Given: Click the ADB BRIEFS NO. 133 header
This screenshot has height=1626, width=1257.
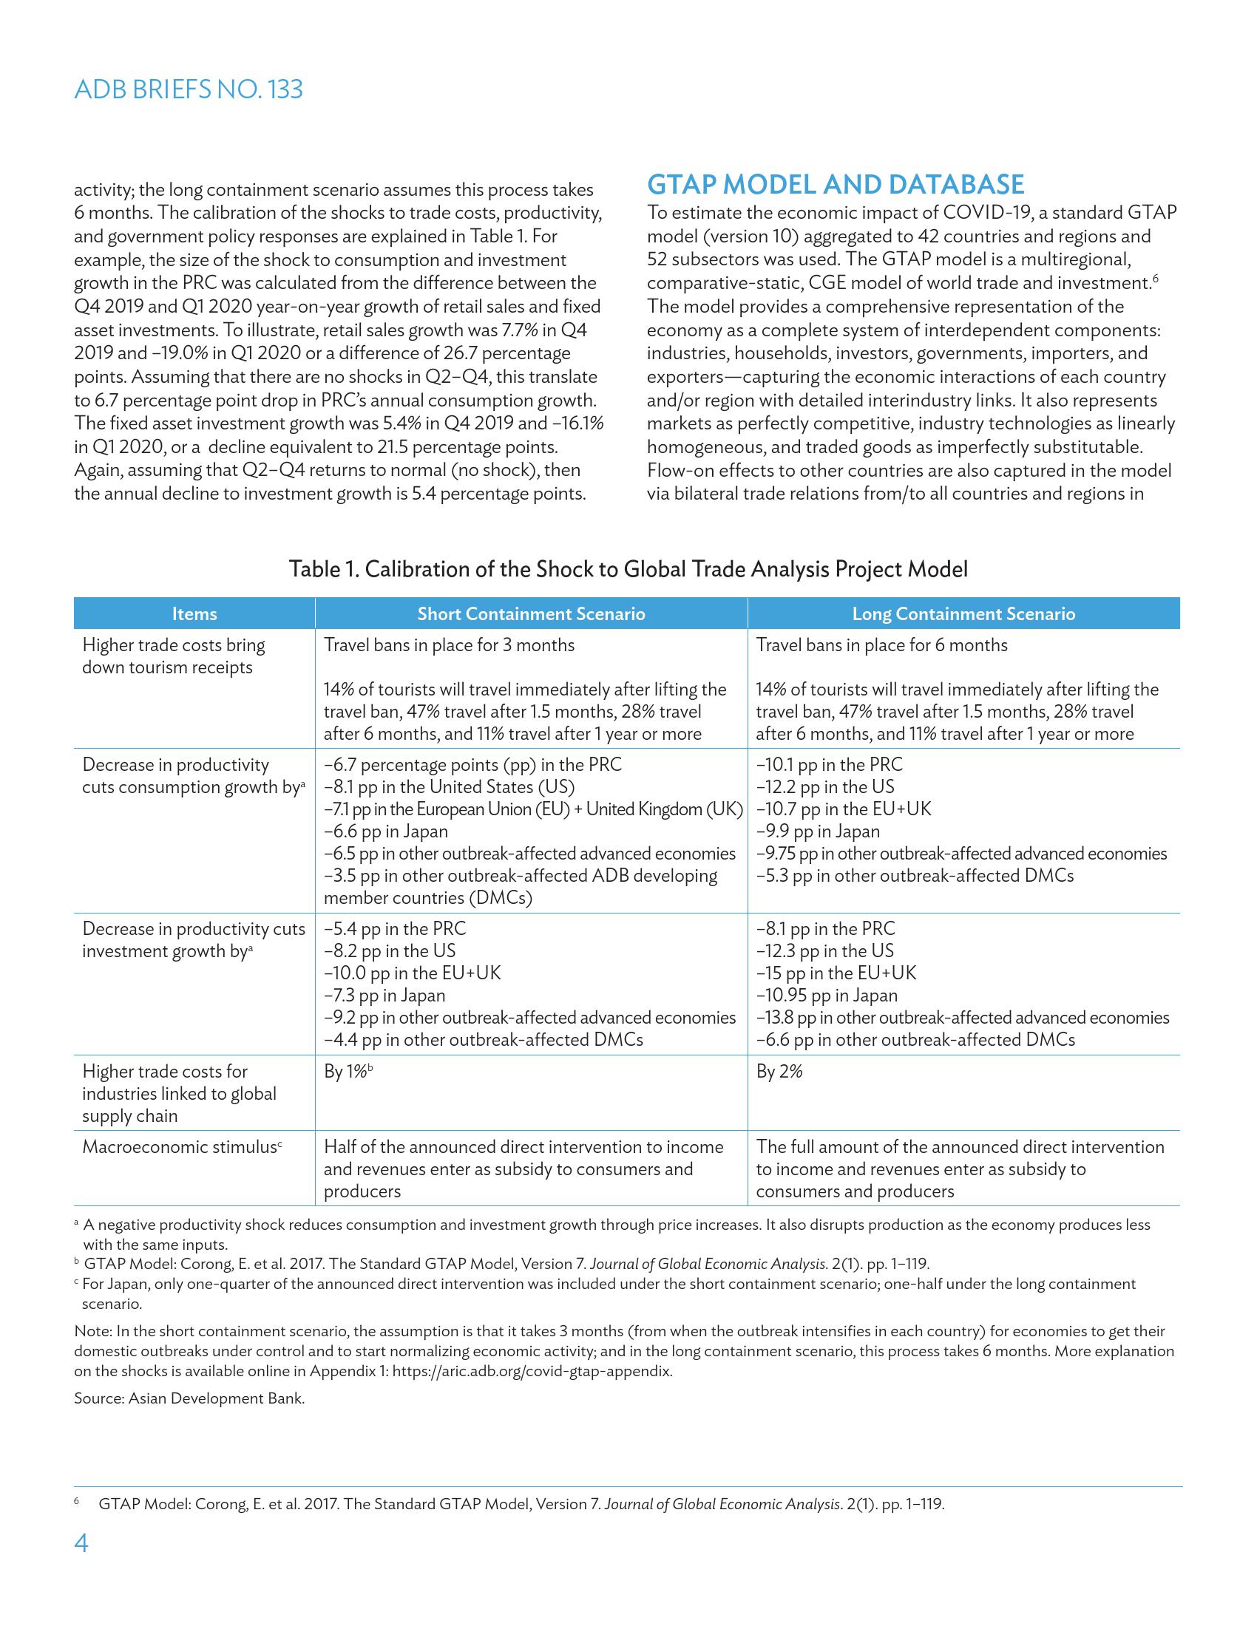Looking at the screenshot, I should point(189,89).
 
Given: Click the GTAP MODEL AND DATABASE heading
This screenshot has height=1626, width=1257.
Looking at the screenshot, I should point(836,184).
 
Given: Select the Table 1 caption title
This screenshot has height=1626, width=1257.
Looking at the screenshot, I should point(628,570).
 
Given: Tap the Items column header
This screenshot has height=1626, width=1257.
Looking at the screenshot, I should point(194,613).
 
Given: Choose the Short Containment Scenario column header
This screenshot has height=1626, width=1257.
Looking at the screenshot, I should point(531,613).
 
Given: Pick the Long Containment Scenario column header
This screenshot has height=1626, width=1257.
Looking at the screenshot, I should point(963,613).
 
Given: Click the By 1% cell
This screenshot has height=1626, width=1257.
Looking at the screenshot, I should point(347,1072).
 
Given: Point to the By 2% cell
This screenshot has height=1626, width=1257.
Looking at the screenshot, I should point(779,1072).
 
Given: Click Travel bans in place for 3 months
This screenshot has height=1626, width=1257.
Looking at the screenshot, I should point(449,644).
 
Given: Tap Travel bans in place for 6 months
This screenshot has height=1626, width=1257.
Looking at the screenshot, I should point(881,644).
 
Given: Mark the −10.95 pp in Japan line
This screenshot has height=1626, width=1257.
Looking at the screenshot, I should point(827,996).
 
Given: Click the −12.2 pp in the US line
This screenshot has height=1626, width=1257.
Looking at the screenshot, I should point(825,787).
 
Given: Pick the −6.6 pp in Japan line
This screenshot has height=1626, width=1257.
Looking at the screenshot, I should point(386,831).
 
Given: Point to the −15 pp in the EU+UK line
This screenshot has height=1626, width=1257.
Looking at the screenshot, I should point(836,973).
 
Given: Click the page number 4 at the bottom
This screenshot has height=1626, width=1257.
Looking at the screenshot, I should point(81,1543).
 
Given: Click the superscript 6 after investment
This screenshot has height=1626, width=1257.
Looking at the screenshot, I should point(1155,279).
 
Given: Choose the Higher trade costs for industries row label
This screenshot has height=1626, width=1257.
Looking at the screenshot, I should point(179,1094).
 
